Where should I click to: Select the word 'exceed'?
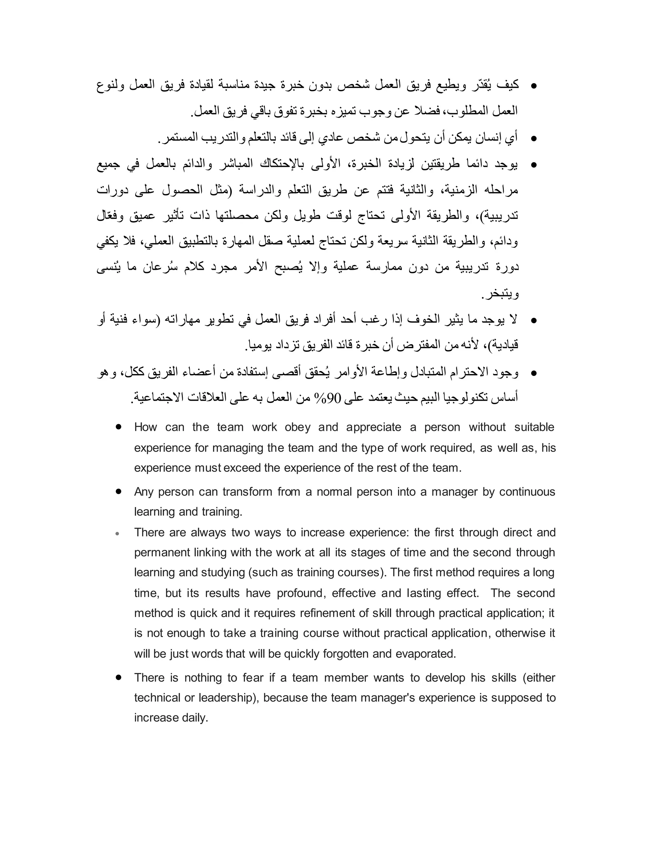(243, 468)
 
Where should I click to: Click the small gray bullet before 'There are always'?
(118, 534)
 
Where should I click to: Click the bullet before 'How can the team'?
(118, 427)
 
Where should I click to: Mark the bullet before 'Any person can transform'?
(118, 492)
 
